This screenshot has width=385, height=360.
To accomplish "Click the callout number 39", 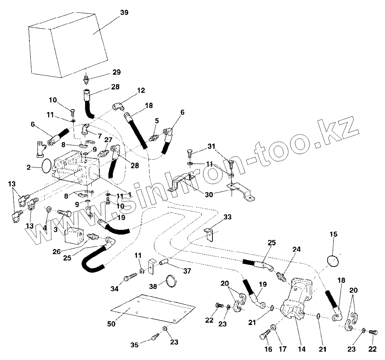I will [124, 12].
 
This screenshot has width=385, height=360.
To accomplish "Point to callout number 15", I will [333, 234].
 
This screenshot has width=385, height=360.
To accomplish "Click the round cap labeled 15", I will [333, 260].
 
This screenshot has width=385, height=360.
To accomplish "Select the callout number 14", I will [302, 349].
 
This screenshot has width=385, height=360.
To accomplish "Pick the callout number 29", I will [116, 72].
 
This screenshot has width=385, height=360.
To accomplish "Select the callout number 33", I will [227, 217].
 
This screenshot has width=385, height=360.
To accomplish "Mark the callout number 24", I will [297, 249].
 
